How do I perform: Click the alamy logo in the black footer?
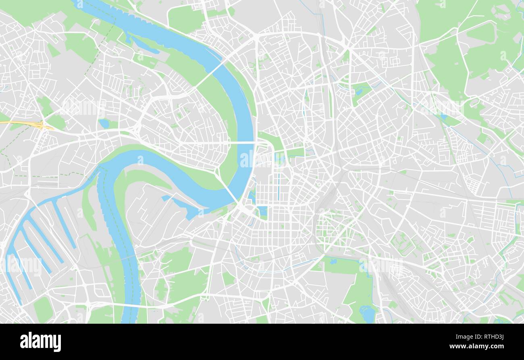click(x=40, y=342)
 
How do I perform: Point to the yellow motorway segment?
click(x=24, y=123)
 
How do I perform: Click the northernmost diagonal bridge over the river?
click(x=209, y=74)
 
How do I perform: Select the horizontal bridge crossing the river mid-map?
click(x=242, y=143)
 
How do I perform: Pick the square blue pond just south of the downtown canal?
click(x=263, y=211)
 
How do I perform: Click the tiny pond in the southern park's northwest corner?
click(x=333, y=261)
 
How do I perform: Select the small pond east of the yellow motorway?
click(x=104, y=123)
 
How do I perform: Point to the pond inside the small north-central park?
click(x=358, y=91)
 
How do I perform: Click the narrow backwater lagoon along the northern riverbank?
click(x=145, y=45)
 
